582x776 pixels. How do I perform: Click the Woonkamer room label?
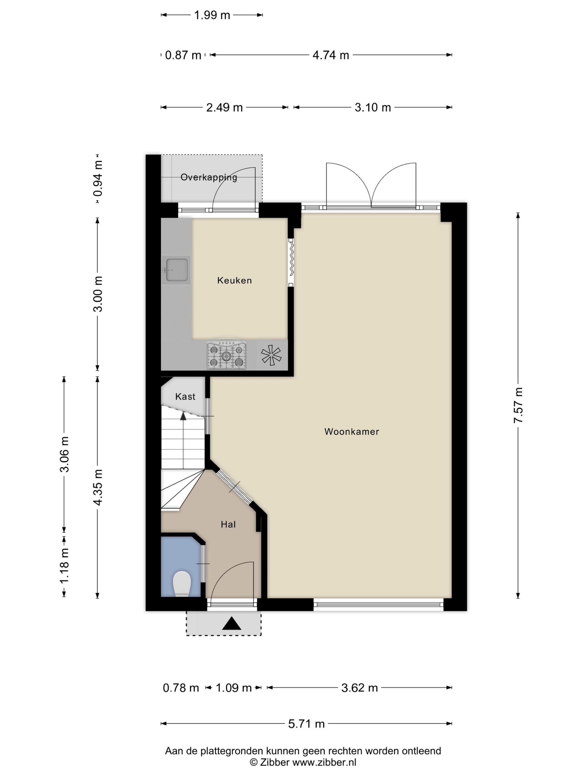tap(352, 431)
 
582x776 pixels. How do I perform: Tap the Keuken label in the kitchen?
tap(234, 280)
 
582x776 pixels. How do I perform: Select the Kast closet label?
tap(185, 396)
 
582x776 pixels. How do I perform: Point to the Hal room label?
tap(228, 524)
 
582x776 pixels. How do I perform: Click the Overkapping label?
tap(209, 178)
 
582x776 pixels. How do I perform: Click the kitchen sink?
tap(176, 270)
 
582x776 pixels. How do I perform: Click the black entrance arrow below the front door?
tap(231, 623)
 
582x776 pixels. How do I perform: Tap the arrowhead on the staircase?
tap(183, 416)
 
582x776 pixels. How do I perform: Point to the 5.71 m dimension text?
tap(306, 724)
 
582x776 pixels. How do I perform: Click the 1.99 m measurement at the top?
tap(212, 15)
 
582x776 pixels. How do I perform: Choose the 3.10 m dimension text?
tap(373, 107)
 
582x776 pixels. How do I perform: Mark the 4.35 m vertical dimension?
tap(98, 487)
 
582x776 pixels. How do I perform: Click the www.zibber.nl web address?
tap(324, 762)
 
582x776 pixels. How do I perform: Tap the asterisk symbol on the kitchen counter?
tap(271, 355)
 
